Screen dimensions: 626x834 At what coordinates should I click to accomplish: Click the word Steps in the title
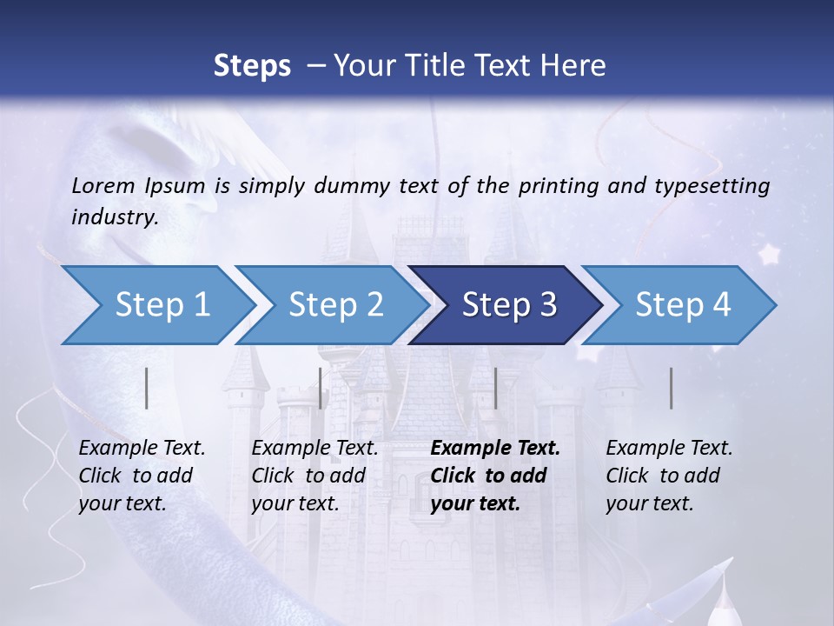252,66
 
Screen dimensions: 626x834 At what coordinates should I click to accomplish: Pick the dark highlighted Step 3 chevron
509,305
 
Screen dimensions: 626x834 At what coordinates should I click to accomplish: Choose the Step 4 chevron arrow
683,305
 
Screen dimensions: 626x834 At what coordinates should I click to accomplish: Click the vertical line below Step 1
147,388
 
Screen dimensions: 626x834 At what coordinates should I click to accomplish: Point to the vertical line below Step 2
321,388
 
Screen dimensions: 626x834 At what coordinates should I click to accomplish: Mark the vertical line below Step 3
495,388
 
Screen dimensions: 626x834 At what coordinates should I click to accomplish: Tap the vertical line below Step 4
672,388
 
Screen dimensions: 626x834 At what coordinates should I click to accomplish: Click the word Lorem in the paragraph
103,185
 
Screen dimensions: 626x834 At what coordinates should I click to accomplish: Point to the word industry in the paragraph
114,217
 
